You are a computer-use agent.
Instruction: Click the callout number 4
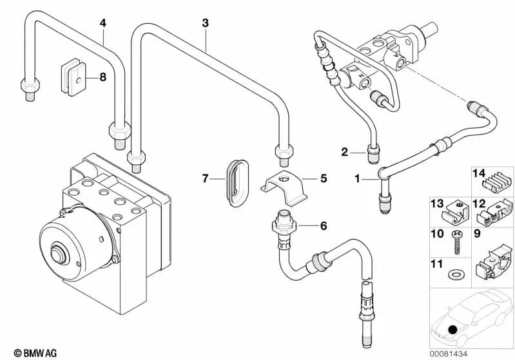[x=102, y=24]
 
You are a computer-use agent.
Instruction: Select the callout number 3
[x=205, y=24]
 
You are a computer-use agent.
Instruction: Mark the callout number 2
[x=345, y=152]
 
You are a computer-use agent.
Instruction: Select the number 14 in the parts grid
[x=478, y=173]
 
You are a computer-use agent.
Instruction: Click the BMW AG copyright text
[x=25, y=353]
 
